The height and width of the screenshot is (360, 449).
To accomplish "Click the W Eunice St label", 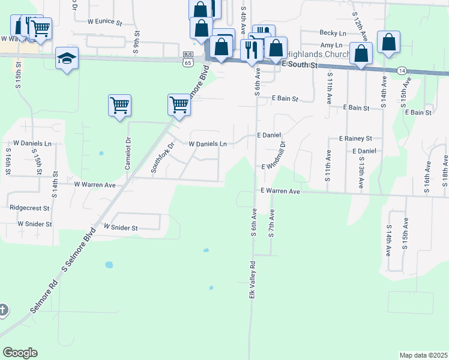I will pos(104,23).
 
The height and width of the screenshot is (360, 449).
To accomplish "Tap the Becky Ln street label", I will pos(333,33).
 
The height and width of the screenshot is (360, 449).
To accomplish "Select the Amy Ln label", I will pos(331,45).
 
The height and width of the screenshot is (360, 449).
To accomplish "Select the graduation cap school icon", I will pos(67,59).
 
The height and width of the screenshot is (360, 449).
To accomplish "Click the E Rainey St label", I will pos(355,138).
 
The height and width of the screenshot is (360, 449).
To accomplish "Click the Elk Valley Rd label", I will pos(253,280).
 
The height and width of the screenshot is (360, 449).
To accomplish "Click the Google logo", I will pos(20,353).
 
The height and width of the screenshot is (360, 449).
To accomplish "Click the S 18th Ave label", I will pos(445,170).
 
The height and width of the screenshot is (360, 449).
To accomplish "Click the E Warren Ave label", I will pos(280,191).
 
